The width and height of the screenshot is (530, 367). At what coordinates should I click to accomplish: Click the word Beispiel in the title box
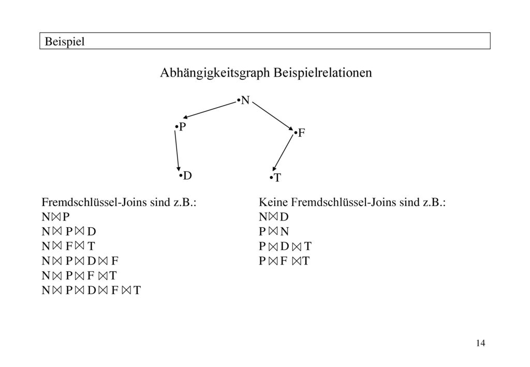(x=65, y=41)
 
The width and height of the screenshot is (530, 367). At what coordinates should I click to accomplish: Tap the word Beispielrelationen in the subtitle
(x=323, y=72)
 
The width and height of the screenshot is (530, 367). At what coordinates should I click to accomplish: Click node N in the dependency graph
(x=244, y=100)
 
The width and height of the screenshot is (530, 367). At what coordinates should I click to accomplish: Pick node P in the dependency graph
(x=181, y=127)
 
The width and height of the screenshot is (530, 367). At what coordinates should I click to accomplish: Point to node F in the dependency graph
(x=300, y=133)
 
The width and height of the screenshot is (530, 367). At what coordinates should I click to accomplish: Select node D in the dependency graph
(x=186, y=175)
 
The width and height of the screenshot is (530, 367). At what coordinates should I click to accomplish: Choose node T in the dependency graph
(x=275, y=178)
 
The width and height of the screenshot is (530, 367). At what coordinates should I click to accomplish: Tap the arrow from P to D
(x=177, y=151)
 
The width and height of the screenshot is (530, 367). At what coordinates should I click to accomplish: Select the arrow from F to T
(x=283, y=153)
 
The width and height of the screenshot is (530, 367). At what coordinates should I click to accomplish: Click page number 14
(x=480, y=343)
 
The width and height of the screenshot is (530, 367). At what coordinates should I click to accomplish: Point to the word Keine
(x=273, y=202)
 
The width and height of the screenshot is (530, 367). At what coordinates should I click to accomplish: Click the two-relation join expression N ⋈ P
(x=55, y=216)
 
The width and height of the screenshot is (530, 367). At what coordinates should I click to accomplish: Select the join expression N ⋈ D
(x=273, y=216)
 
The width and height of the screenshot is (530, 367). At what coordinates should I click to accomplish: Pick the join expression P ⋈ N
(x=274, y=231)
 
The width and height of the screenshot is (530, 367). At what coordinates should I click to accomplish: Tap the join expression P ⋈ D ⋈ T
(x=285, y=246)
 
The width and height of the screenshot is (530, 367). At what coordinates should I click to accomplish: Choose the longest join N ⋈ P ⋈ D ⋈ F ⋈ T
(x=91, y=290)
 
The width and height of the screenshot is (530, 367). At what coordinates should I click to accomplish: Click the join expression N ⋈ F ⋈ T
(x=68, y=246)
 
